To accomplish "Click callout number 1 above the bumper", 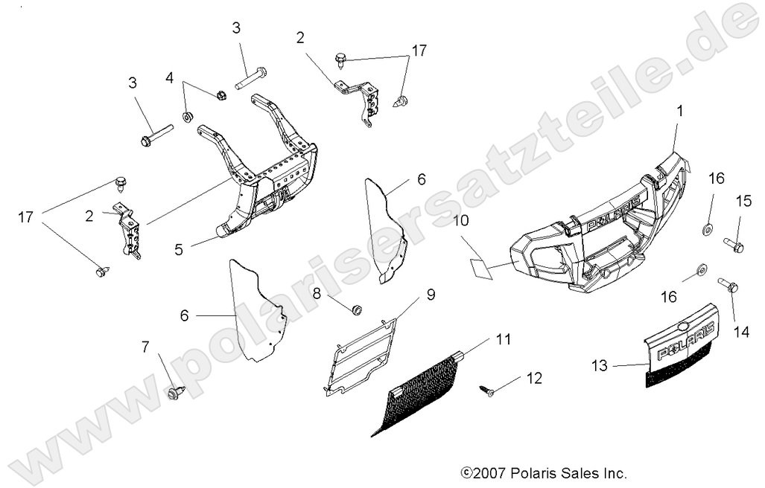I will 679,112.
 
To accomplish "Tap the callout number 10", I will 460,222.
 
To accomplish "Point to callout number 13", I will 600,365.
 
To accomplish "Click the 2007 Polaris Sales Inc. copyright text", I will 544,472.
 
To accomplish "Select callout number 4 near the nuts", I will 169,77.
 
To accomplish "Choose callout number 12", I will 533,379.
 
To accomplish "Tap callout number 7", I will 145,346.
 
